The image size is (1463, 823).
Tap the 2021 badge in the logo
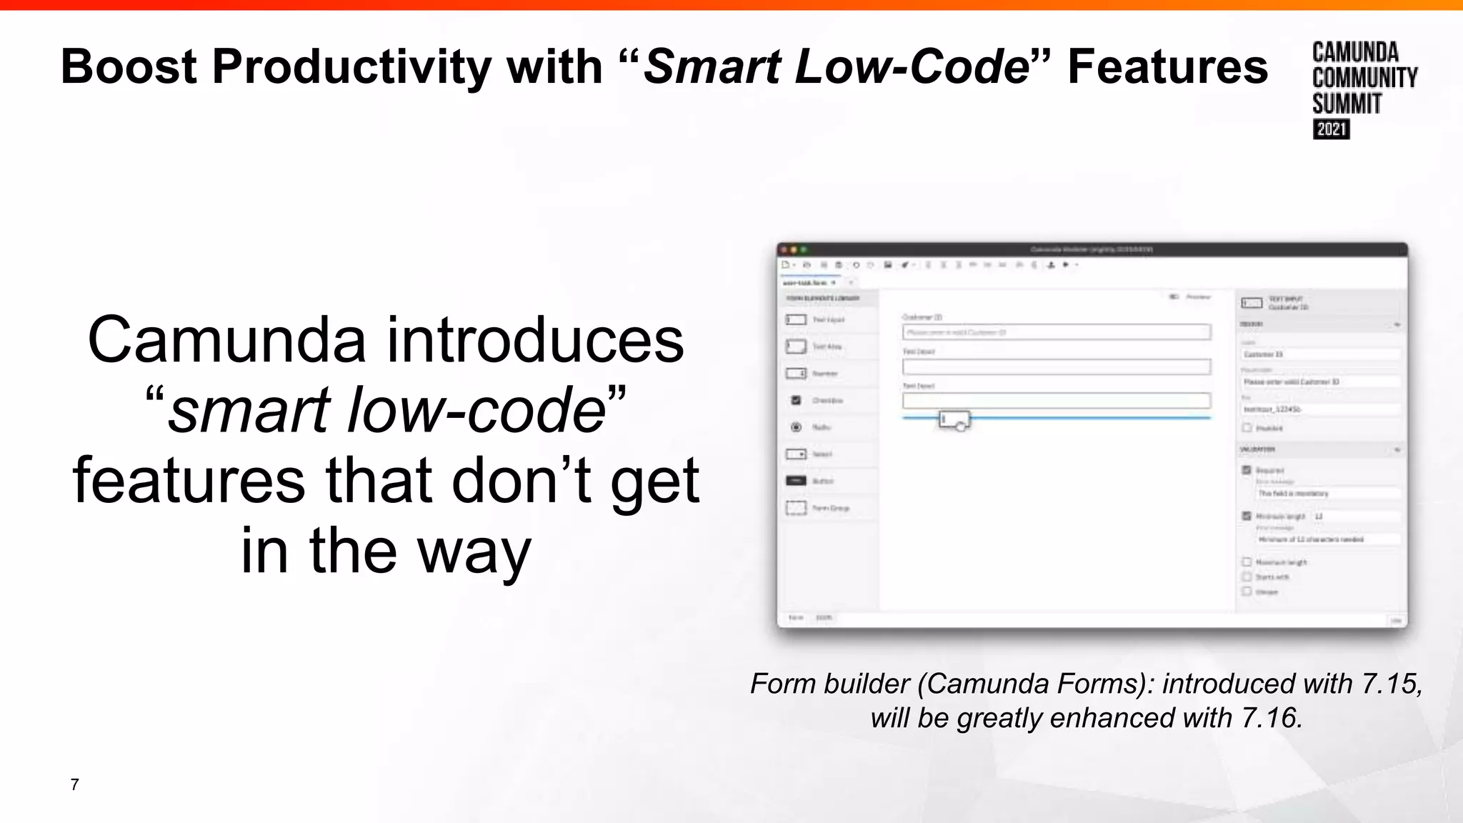1331,129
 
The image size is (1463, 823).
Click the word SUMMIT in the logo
1347,104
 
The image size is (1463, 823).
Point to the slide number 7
74,784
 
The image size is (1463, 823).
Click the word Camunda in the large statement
227,340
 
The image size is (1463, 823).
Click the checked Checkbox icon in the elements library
796,400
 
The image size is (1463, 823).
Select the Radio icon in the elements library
796,427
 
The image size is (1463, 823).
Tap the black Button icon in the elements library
796,481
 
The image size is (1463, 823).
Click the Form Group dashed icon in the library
796,508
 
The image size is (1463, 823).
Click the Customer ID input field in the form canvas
1056,332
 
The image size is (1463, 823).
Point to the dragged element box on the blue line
954,419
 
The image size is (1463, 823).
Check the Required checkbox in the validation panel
1247,470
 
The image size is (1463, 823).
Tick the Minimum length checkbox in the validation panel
1247,516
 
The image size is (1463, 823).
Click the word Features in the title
1167,67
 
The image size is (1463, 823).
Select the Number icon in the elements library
796,374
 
